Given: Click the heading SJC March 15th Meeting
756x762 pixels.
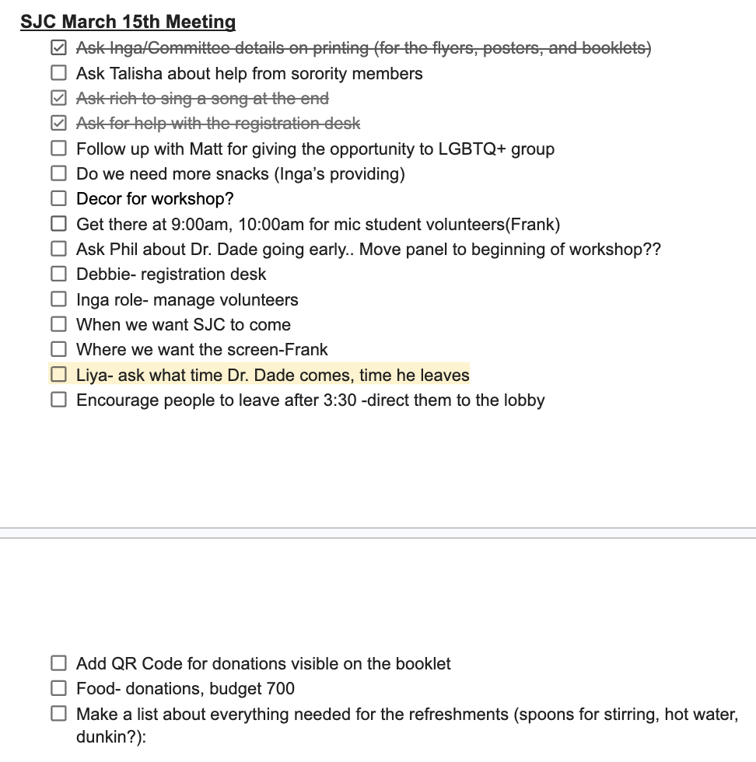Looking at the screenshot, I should [128, 22].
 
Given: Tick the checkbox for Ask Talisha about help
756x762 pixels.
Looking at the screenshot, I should [58, 74].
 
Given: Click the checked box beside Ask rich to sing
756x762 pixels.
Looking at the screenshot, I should [58, 99].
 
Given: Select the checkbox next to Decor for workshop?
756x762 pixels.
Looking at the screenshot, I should [58, 199].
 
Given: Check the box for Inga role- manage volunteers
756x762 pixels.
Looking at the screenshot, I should [58, 299].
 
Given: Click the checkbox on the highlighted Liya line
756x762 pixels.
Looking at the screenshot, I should [58, 375].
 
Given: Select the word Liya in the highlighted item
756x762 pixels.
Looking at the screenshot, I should [92, 376].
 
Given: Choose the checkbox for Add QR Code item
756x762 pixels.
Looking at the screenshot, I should [58, 663].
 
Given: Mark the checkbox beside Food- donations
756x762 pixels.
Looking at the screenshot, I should [58, 688].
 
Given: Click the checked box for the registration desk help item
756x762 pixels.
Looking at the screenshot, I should [58, 124].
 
